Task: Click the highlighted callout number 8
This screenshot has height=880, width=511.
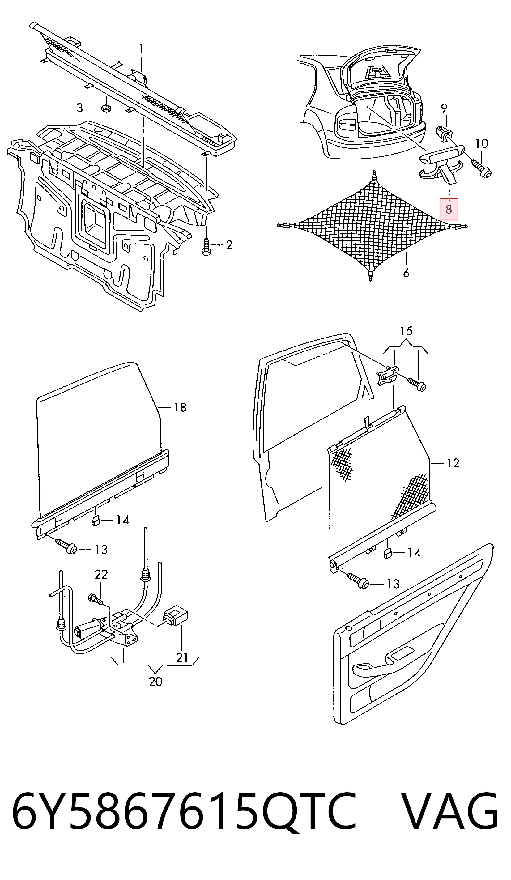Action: (x=449, y=209)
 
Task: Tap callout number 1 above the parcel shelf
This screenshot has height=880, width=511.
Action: (x=141, y=48)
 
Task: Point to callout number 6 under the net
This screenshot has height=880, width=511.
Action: (x=406, y=273)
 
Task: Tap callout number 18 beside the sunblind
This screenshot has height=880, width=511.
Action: (x=180, y=407)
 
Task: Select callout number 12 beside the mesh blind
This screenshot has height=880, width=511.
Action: (x=453, y=463)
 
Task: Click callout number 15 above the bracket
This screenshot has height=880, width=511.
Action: (x=406, y=331)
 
